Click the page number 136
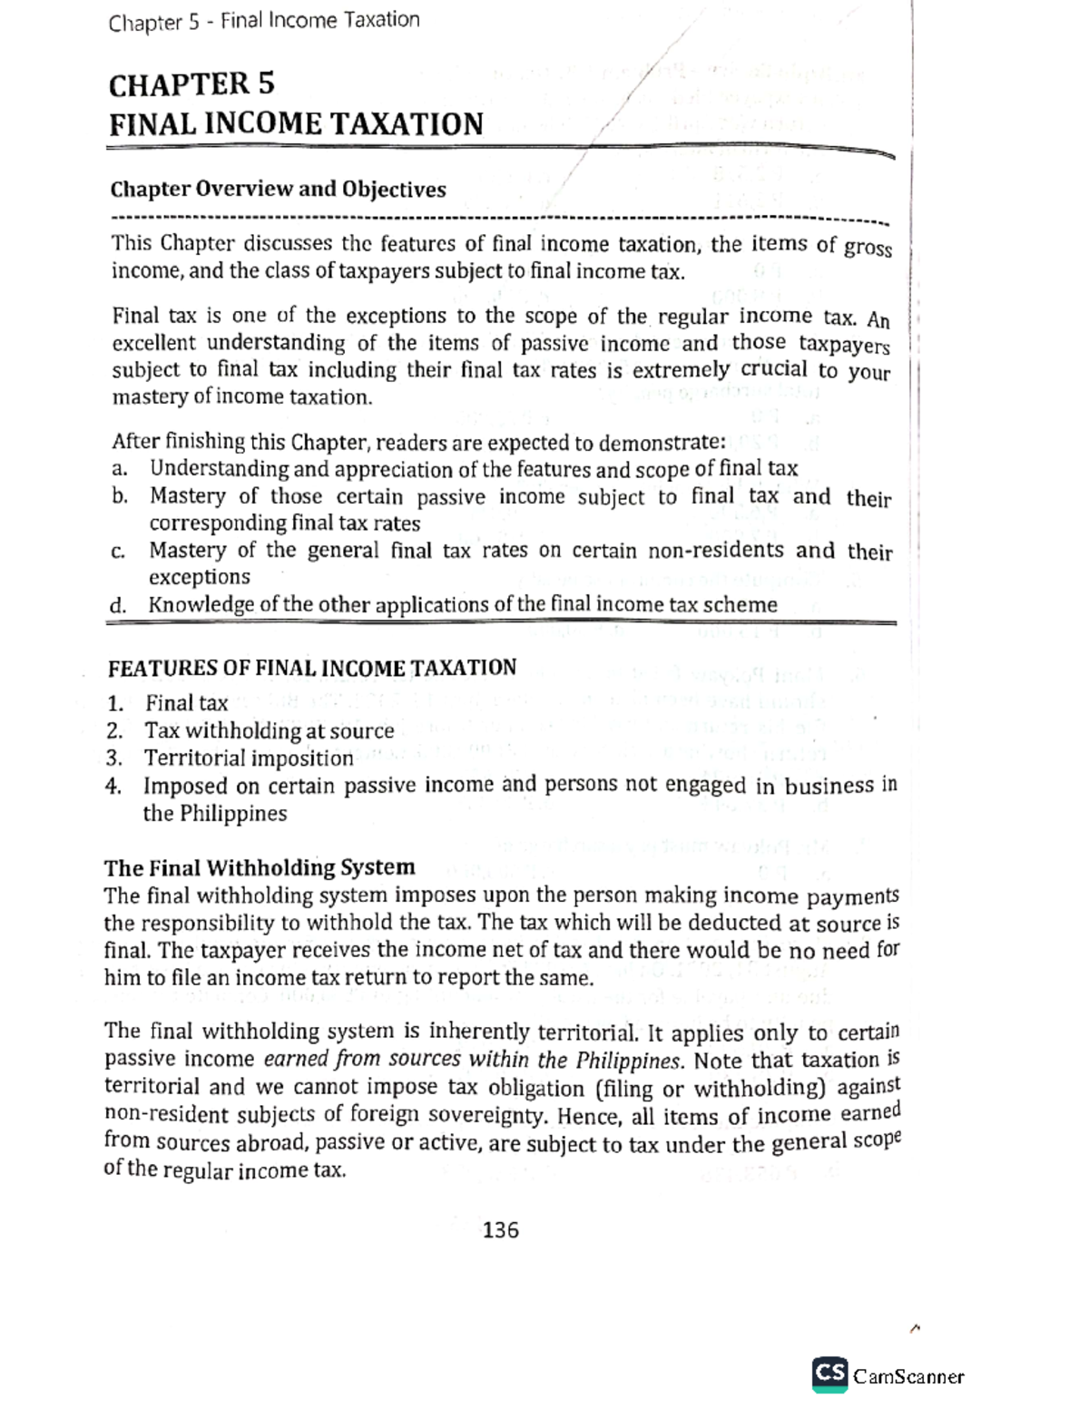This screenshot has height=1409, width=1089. click(x=501, y=1230)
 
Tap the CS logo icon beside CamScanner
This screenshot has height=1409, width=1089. click(x=829, y=1374)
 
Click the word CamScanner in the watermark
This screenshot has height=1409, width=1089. click(x=908, y=1376)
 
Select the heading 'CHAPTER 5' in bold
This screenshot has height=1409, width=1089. click(x=191, y=84)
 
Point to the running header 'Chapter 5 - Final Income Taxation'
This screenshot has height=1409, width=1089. click(x=263, y=21)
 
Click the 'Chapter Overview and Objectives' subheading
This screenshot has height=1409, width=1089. click(x=278, y=190)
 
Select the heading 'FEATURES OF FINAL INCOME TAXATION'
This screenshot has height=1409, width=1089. click(x=311, y=668)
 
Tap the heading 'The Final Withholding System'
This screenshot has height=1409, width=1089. click(x=260, y=867)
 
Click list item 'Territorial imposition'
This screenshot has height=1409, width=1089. click(x=249, y=758)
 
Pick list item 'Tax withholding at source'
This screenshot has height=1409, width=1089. click(x=269, y=731)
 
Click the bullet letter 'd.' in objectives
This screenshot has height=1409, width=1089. click(x=119, y=605)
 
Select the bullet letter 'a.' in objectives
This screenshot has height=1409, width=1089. click(x=119, y=469)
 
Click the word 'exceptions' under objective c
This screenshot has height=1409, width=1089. click(x=199, y=578)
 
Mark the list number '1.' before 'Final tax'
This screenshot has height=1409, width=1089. click(x=114, y=704)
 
